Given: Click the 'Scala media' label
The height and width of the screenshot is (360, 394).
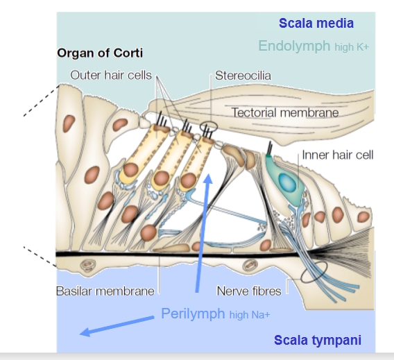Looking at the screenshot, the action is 316,23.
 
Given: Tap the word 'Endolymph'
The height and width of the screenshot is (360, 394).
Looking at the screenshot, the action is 294,46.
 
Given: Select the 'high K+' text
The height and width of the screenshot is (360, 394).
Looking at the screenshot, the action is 352,46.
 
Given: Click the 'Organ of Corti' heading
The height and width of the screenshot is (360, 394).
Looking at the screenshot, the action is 100,53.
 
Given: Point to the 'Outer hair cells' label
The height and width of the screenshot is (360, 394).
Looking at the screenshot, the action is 111,75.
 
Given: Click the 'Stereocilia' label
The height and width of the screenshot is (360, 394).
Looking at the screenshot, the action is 243,76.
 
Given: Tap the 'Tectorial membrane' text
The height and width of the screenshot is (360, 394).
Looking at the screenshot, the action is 285,112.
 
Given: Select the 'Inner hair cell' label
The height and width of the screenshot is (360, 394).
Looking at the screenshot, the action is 338,155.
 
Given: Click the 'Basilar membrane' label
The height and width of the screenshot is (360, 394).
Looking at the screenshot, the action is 105,291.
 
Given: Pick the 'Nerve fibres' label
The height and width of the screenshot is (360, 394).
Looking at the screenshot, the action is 249,291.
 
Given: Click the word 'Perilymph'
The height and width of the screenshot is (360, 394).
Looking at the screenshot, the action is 193,314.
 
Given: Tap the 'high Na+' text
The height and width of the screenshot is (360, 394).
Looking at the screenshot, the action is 250,314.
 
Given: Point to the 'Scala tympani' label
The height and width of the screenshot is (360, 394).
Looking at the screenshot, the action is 318,340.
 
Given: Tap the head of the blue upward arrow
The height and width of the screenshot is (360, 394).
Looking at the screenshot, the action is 208,179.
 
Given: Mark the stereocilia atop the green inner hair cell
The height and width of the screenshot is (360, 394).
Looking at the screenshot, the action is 269,148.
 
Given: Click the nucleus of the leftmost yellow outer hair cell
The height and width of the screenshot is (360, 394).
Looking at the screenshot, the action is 130,169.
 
